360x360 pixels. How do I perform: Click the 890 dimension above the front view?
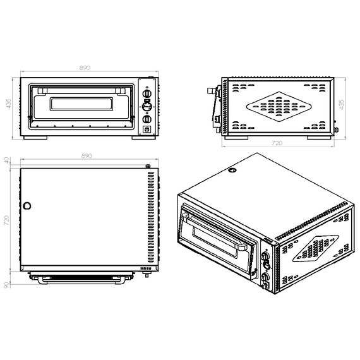(x=85, y=68)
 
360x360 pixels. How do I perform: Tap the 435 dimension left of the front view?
(x=8, y=104)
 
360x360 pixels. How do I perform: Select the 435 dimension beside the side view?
(x=342, y=104)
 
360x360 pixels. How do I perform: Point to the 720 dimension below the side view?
(x=277, y=143)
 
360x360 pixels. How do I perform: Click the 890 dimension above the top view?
(x=87, y=156)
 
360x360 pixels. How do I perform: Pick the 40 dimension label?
(x=6, y=160)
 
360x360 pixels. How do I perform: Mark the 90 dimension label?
(x=6, y=285)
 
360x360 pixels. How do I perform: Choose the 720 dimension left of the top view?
(x=6, y=220)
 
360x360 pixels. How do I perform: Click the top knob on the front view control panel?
(x=147, y=93)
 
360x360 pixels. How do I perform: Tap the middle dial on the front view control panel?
(x=147, y=106)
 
